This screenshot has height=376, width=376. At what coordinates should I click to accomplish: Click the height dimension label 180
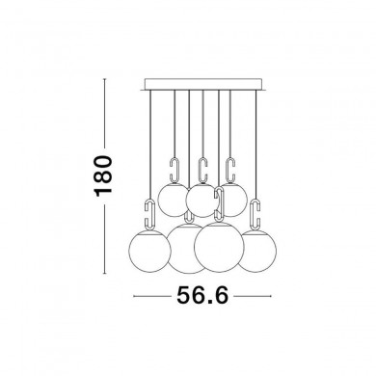(103, 175)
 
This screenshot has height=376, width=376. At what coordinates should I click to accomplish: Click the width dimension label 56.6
(202, 295)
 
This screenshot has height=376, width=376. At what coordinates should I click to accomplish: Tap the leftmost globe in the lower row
(149, 251)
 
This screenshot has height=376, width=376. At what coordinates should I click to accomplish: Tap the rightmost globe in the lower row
(258, 252)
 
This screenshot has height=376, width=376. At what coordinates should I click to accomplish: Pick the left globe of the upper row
(173, 200)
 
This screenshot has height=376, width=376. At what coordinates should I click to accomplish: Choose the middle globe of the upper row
(201, 201)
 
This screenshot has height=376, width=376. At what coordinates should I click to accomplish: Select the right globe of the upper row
(234, 200)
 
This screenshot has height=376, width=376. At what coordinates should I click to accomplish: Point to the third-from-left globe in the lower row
(219, 247)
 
